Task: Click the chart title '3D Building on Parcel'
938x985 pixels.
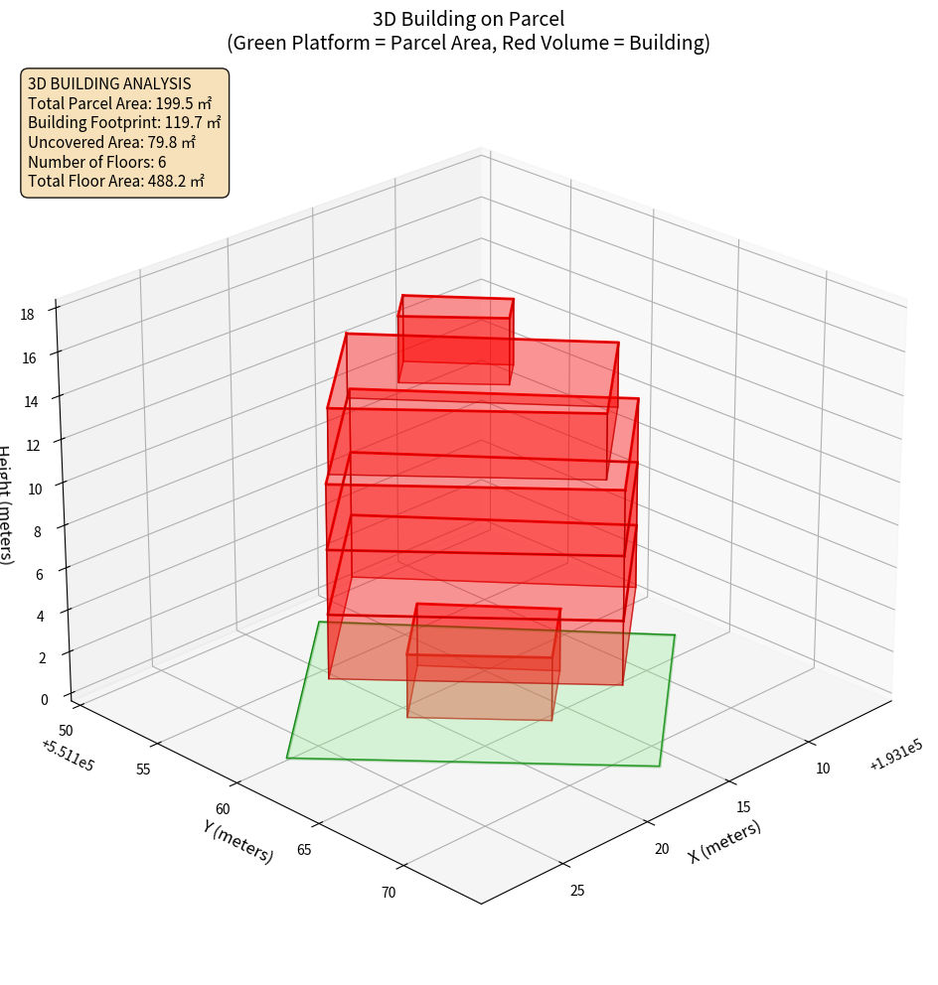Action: click(468, 18)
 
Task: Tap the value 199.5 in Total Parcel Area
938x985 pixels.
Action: click(176, 103)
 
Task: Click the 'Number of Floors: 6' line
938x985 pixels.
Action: click(97, 162)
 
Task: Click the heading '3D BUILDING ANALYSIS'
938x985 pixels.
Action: click(109, 83)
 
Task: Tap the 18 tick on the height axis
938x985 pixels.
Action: click(27, 315)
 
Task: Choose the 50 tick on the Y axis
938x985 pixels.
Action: click(65, 731)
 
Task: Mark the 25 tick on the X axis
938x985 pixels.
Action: click(577, 890)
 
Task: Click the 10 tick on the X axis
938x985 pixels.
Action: click(824, 768)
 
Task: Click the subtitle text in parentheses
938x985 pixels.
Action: click(468, 43)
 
